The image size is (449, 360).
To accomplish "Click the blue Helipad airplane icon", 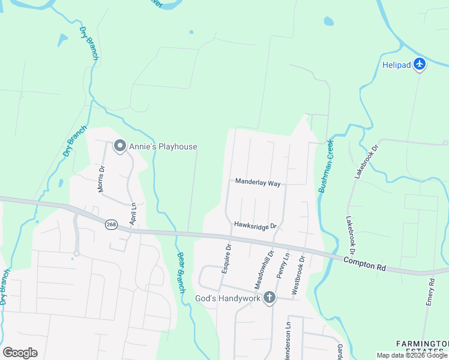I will coord(420,64).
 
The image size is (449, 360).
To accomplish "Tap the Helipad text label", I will coord(397,65).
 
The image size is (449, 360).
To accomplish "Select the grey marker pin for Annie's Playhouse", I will coord(119,146).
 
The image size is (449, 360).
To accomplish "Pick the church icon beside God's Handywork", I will coord(270,298).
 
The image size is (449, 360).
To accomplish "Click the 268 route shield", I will coord(110,224).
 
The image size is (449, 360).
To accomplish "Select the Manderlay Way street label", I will coord(258,182).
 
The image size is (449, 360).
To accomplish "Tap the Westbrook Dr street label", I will coord(298,274).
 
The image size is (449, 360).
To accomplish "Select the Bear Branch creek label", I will coord(181,272).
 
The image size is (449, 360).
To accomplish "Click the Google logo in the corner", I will coord(20,353).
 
